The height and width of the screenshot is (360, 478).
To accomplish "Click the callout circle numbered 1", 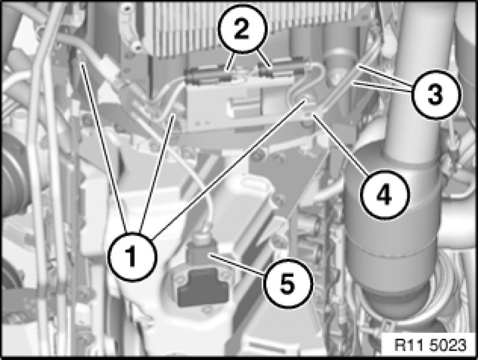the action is click(x=132, y=257).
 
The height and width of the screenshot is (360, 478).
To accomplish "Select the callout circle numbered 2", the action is click(x=242, y=28).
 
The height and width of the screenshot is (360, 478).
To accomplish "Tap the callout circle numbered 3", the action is click(x=435, y=94).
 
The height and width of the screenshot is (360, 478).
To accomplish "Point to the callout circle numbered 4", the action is click(x=384, y=195).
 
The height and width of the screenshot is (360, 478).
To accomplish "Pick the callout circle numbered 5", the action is click(x=287, y=283).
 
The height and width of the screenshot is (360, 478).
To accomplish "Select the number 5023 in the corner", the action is click(x=448, y=345).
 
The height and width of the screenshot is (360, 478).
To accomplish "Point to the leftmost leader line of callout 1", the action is click(x=104, y=147).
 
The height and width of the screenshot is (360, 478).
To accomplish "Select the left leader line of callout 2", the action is click(x=231, y=62).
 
